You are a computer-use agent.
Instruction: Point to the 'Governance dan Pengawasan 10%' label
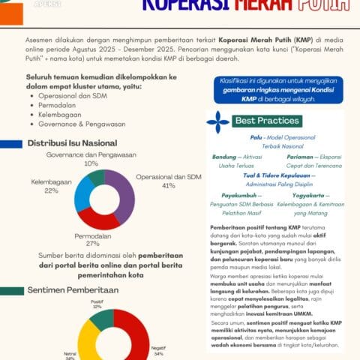pos(91,158)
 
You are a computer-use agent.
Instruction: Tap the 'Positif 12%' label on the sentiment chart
pos(97,304)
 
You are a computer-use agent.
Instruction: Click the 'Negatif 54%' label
pos(158,349)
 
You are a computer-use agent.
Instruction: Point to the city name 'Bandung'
pos(224,157)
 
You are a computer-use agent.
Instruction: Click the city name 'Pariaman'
pos(299,157)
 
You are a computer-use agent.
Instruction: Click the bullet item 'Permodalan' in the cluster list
pos(53,106)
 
